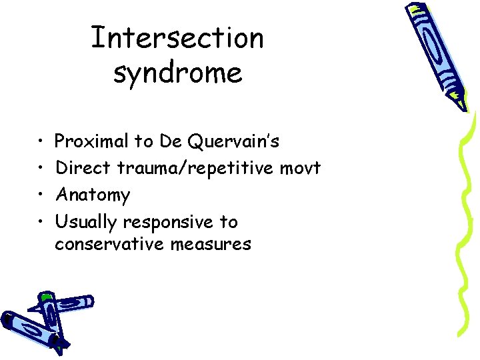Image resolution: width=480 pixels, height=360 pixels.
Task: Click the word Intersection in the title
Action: [x=177, y=37]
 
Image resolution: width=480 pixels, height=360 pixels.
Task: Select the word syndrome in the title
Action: [x=177, y=72]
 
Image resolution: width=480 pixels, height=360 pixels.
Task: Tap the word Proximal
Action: [x=92, y=141]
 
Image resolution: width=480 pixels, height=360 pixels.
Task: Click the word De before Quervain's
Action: [x=171, y=141]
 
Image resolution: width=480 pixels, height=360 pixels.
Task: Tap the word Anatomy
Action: [x=93, y=195]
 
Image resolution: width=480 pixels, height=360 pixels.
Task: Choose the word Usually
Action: [x=86, y=222]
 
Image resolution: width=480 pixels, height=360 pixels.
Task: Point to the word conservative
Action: [x=109, y=245]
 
